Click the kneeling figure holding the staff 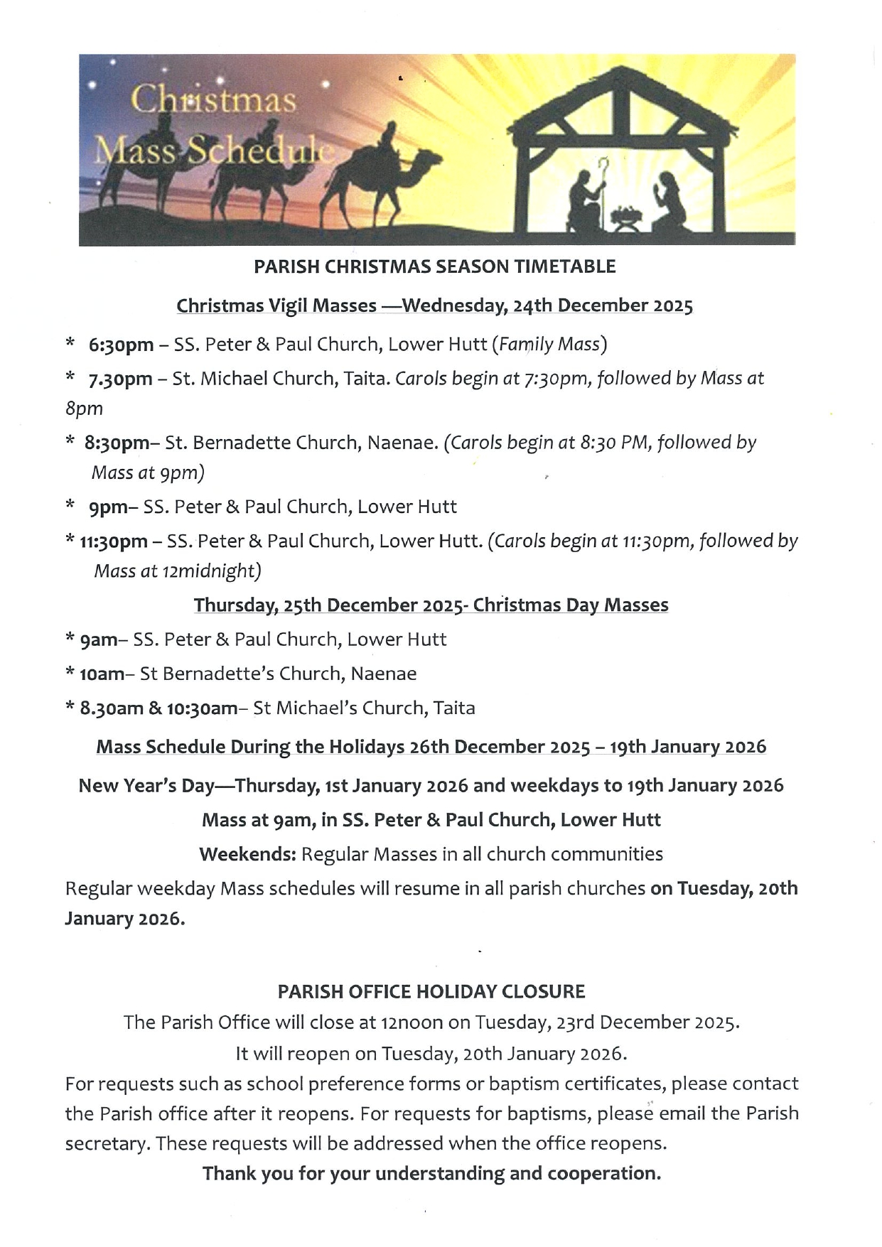586,198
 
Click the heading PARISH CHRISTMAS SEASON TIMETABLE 435,267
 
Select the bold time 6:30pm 121,345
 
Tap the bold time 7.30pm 120,379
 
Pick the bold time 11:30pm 114,542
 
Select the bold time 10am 102,674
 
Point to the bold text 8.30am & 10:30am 158,708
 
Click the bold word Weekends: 247,854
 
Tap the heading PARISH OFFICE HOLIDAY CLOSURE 431,992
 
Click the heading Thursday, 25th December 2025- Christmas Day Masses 431,605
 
